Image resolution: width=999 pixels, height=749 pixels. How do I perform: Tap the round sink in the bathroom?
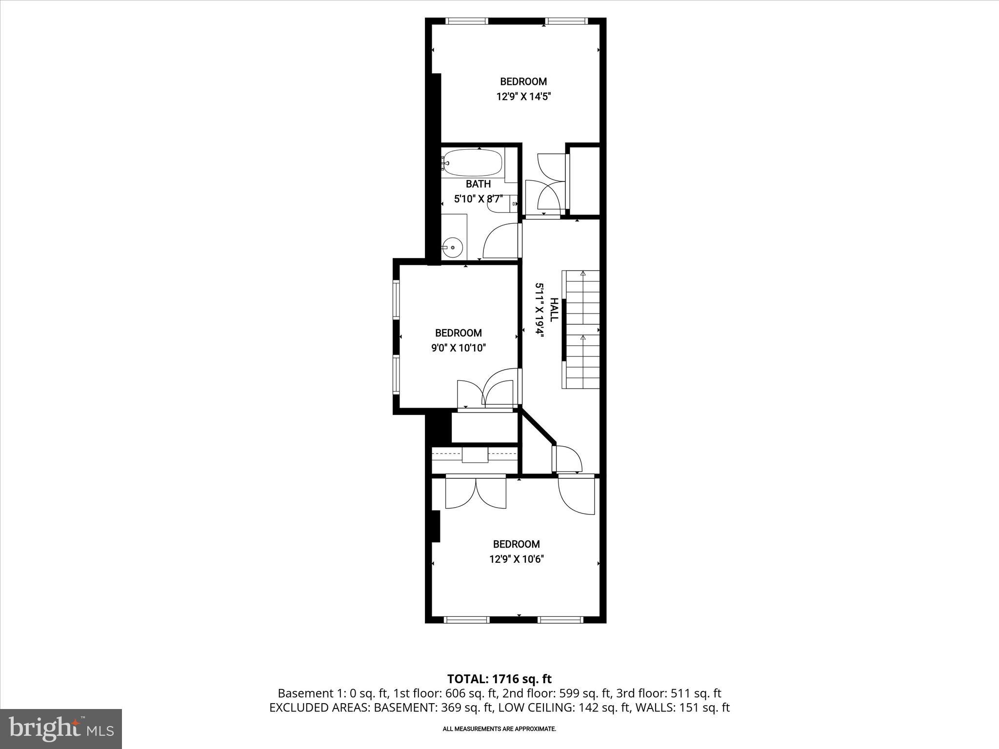point(453,248)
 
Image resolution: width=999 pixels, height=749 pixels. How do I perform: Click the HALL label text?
point(554,309)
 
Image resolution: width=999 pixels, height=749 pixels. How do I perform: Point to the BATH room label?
point(478,184)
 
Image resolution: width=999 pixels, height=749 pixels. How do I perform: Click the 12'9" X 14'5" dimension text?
point(523,97)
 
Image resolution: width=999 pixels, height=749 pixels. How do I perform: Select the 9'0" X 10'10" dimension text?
point(459,348)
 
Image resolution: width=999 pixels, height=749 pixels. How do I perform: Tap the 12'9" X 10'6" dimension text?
point(517,559)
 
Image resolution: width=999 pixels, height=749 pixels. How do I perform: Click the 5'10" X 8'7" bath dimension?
point(478,199)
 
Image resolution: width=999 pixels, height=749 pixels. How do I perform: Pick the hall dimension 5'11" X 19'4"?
point(539,309)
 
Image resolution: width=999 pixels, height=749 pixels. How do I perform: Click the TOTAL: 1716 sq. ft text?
point(499,679)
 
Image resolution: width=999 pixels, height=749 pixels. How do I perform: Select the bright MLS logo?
point(61,729)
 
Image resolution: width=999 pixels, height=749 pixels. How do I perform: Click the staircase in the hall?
point(581,330)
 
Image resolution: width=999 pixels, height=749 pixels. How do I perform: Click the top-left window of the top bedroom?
point(467,21)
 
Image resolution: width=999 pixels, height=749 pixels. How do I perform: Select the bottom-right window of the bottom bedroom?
point(560,620)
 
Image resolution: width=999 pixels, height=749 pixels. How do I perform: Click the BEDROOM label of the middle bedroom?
point(459,333)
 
